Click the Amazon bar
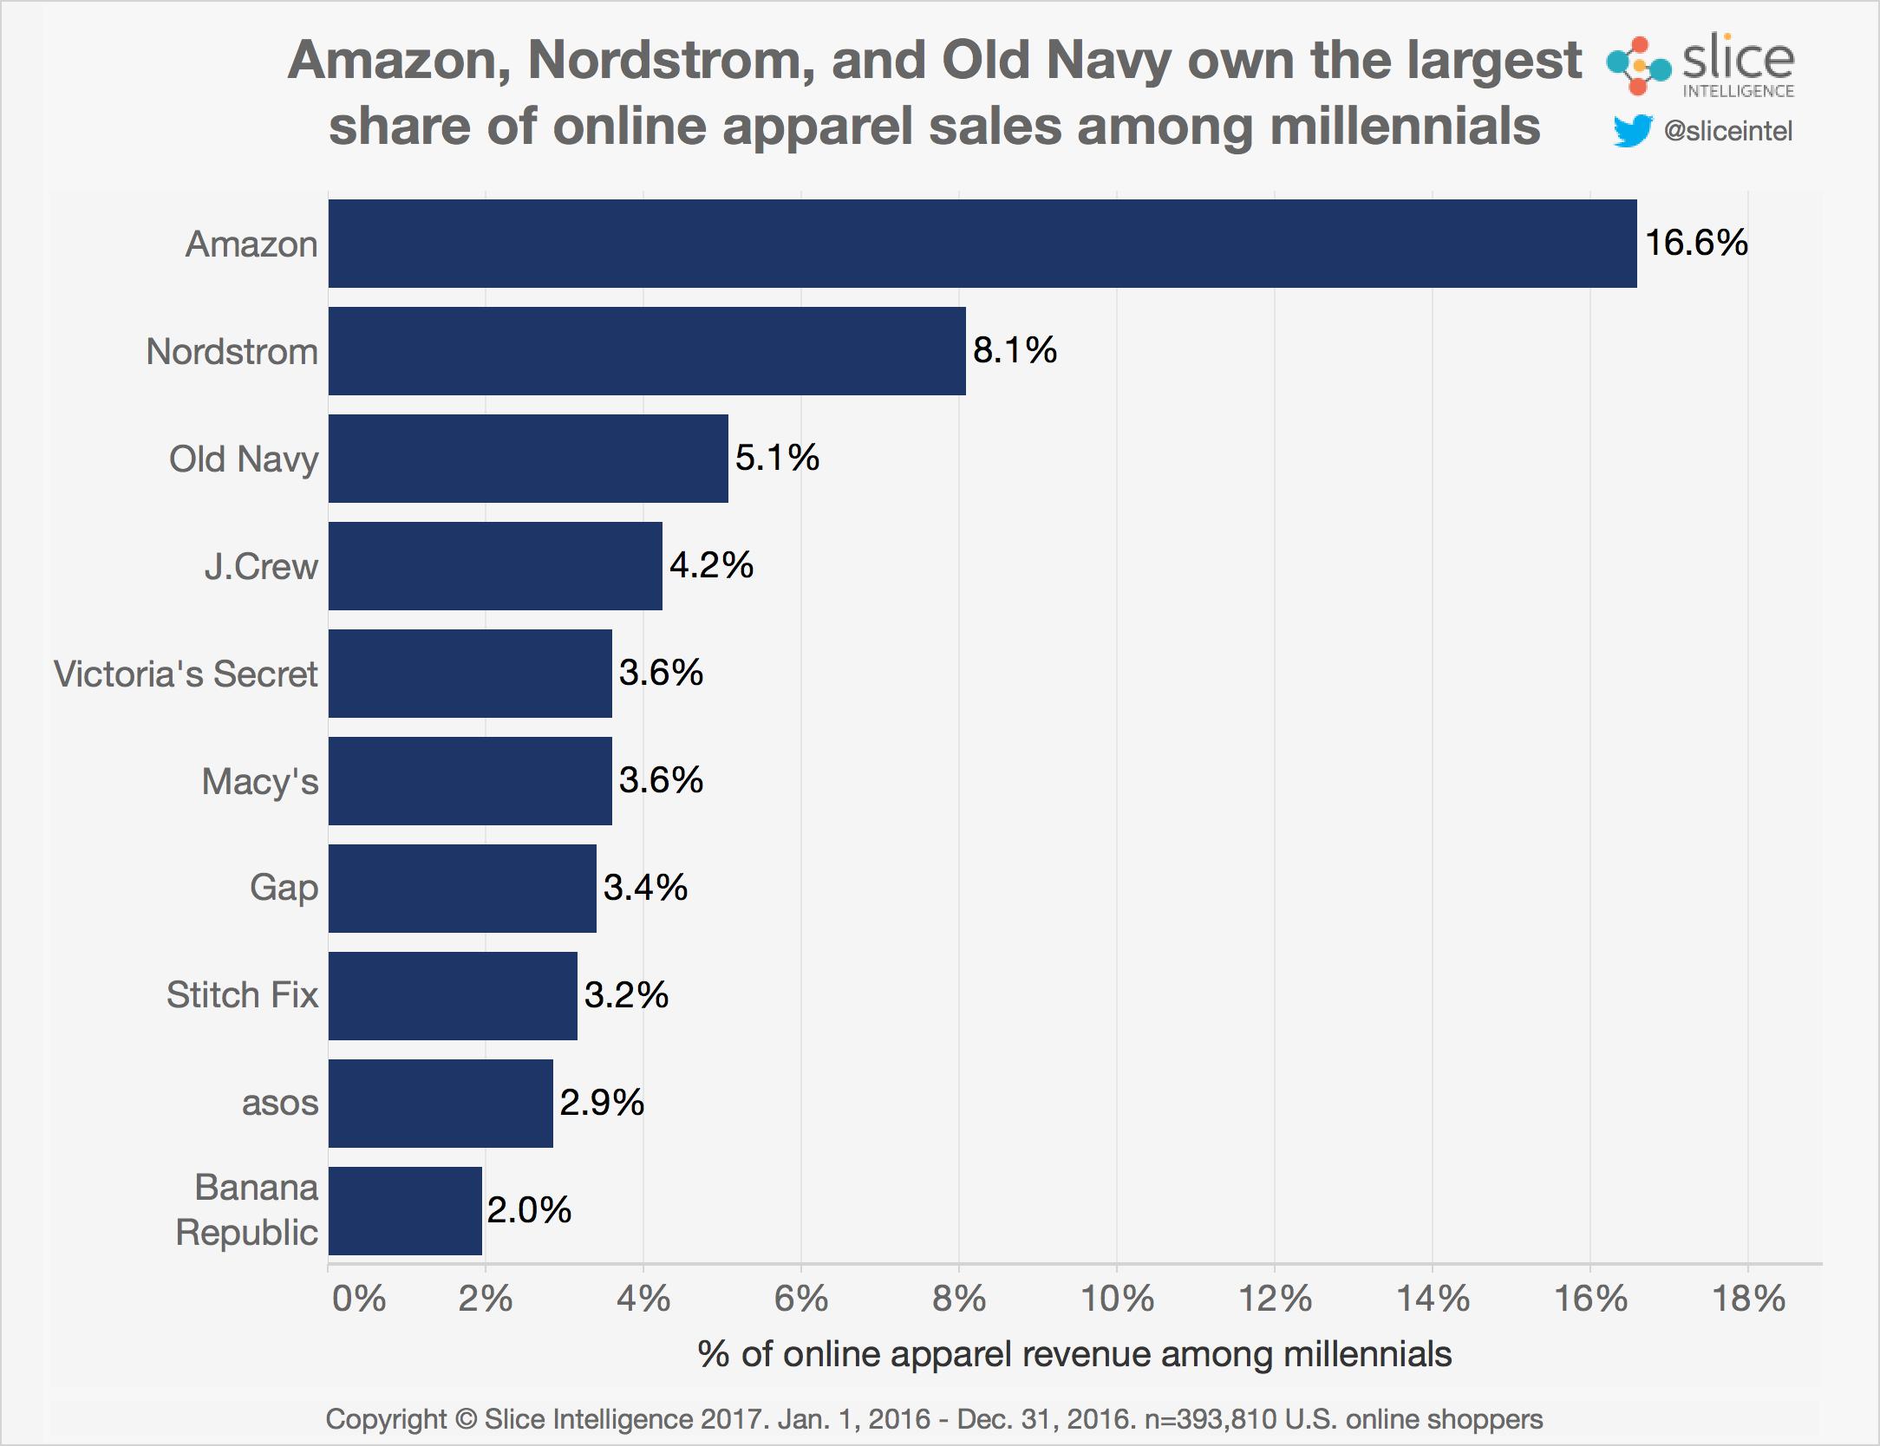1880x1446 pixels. tap(982, 244)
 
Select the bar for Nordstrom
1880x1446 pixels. tap(647, 351)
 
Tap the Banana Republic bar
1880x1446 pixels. tap(405, 1211)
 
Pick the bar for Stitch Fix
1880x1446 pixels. tap(453, 995)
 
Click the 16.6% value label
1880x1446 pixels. tap(1695, 242)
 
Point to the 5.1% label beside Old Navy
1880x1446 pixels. tap(777, 458)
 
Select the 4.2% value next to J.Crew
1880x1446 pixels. tap(711, 565)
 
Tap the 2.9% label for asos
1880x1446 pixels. tap(602, 1103)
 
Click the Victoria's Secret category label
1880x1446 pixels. tap(186, 674)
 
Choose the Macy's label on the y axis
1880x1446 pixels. tap(260, 781)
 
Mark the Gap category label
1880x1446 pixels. tap(284, 889)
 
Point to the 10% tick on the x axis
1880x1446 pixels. tap(1117, 1299)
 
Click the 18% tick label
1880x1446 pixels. tap(1748, 1299)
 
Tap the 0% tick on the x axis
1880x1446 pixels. tap(358, 1299)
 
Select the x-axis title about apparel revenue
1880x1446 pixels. tap(1074, 1354)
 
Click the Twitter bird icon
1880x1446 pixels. tap(1632, 132)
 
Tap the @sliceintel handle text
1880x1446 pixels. tap(1727, 131)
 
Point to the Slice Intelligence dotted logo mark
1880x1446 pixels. tap(1637, 66)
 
